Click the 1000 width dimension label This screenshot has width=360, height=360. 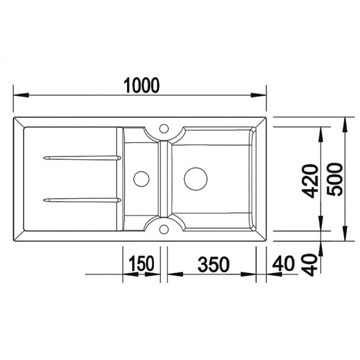tap(142, 85)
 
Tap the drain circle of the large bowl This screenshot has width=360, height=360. tap(196, 178)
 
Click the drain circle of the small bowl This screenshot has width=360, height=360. tap(141, 178)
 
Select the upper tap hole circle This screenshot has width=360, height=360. tap(163, 127)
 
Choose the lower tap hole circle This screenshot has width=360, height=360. tap(163, 229)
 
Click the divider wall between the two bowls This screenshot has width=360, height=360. tap(164, 178)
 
